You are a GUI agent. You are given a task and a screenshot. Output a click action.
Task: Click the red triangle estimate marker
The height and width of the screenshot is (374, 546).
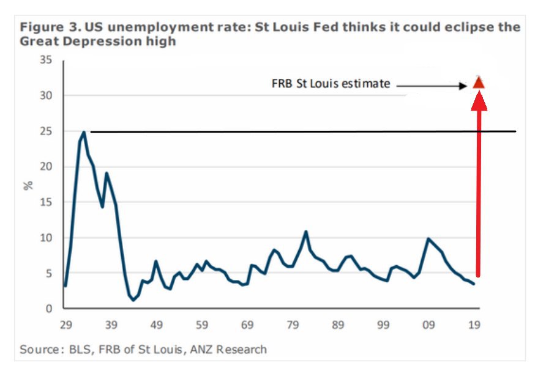point(479,82)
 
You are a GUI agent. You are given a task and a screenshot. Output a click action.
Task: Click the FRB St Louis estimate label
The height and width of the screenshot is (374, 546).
point(331,84)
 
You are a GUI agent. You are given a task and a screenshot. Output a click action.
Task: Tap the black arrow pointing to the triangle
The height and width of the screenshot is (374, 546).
point(432,86)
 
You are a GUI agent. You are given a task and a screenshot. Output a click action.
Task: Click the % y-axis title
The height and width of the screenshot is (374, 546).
point(28,185)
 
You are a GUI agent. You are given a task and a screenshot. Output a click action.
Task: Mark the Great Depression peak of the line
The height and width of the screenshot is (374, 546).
point(84,131)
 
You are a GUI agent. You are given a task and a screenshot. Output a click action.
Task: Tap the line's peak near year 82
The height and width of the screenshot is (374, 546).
point(306,232)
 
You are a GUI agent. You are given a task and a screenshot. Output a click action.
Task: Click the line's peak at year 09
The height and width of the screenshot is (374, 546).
point(428,238)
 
